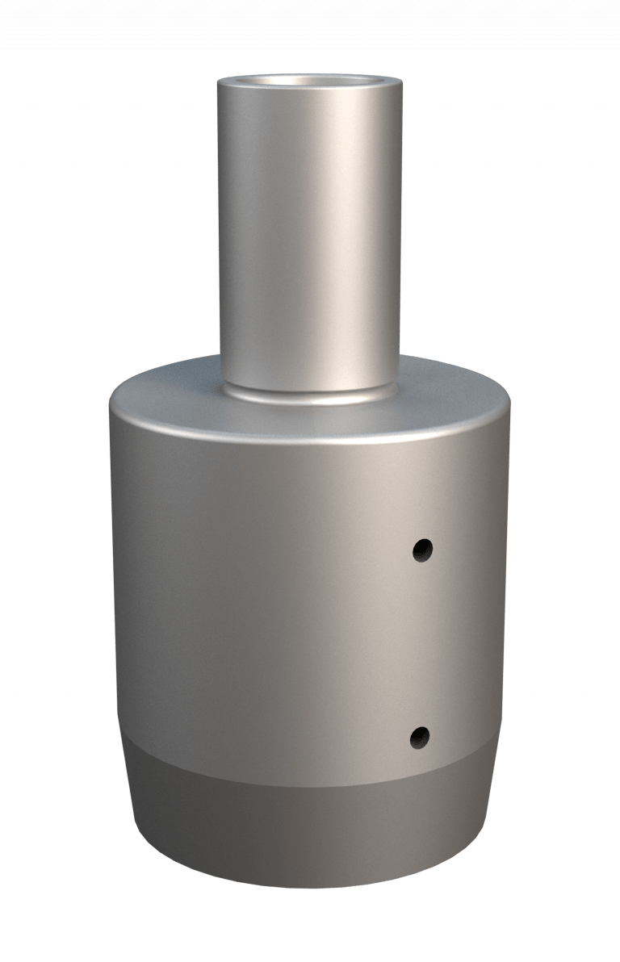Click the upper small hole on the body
[x=422, y=550]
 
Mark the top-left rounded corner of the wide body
[x=113, y=404]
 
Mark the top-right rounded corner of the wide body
[x=509, y=404]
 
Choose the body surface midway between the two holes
[x=421, y=643]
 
